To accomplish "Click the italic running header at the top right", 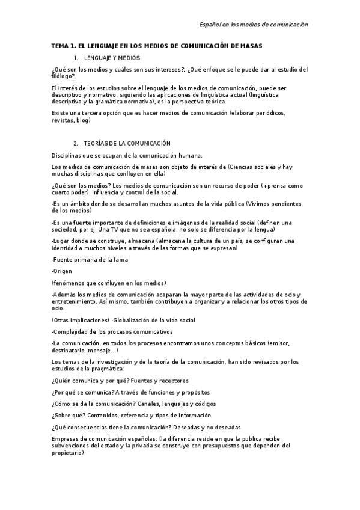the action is pyautogui.click(x=254, y=25).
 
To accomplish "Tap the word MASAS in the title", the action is pyautogui.click(x=251, y=46).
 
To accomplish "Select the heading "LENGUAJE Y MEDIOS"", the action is pyautogui.click(x=112, y=58).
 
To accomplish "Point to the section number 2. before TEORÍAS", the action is pyautogui.click(x=76, y=143).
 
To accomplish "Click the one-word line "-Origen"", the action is pyautogui.click(x=63, y=271).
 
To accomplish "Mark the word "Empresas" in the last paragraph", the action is pyautogui.click(x=66, y=439).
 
